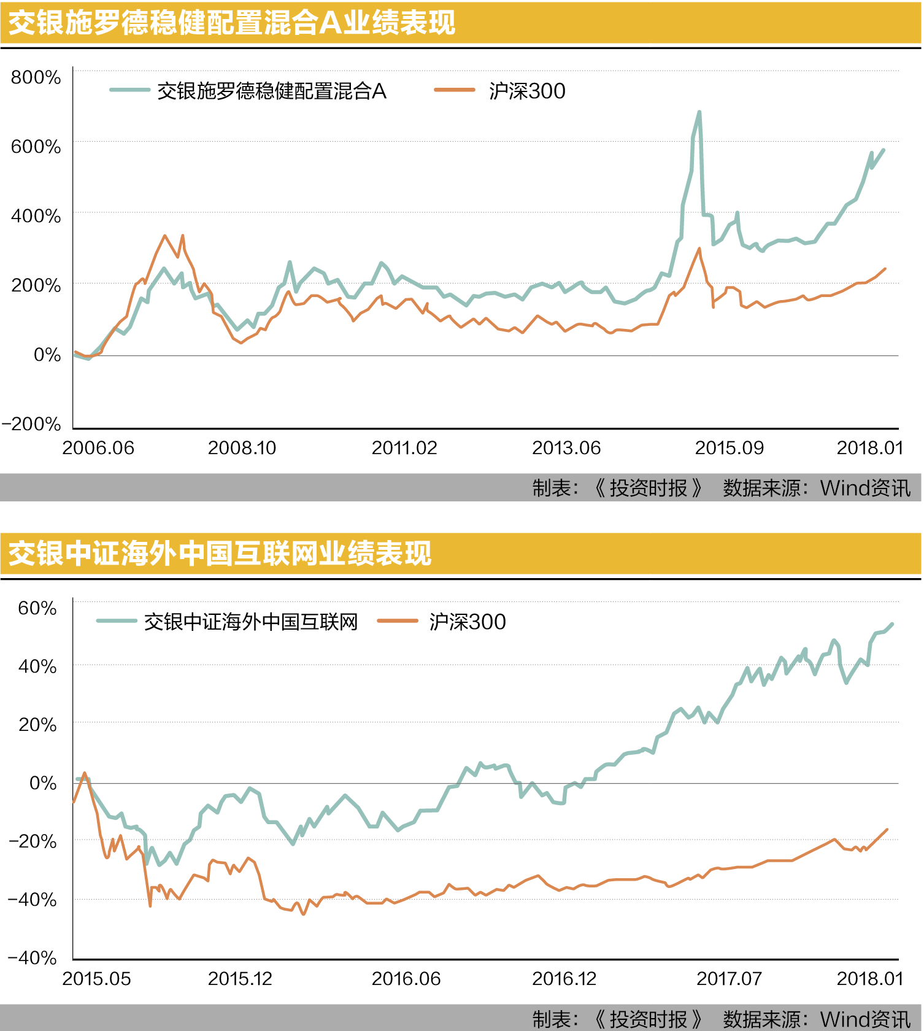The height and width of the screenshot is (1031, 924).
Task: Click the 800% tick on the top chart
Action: tap(36, 77)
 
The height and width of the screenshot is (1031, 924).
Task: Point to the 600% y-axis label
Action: tap(36, 147)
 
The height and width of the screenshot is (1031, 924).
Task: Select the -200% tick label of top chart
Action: tap(31, 424)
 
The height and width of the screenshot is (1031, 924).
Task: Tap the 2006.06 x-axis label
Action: tap(98, 448)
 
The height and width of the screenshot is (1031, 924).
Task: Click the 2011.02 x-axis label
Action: tap(404, 448)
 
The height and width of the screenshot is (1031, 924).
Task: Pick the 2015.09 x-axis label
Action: tap(729, 448)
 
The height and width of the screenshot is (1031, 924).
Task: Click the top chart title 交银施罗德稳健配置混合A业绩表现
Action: tap(231, 23)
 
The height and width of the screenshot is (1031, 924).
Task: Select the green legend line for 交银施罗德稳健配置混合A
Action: tap(129, 90)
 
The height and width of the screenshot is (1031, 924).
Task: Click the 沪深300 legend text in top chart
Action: tap(527, 91)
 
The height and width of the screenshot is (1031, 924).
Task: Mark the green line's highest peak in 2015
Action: tap(699, 112)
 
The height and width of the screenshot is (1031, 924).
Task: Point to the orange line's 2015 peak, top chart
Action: tap(699, 249)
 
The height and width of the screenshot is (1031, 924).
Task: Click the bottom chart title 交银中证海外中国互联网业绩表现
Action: tap(220, 554)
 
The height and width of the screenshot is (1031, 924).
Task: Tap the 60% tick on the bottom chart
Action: tap(37, 608)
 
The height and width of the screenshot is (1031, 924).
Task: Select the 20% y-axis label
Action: tap(37, 725)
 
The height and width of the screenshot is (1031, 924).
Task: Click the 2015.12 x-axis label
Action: tap(240, 979)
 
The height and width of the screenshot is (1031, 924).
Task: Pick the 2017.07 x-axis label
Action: tap(729, 979)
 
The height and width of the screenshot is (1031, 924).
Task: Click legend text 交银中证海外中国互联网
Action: tap(251, 622)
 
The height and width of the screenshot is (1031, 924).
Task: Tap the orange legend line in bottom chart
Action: tap(398, 621)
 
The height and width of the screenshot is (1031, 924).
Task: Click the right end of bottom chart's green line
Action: tap(891, 625)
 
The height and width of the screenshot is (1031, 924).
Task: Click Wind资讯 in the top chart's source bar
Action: tap(865, 488)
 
